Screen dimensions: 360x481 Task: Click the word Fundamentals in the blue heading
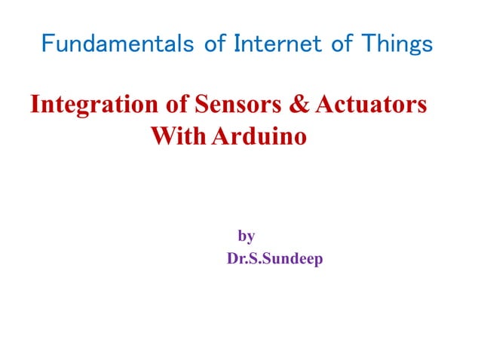click(113, 44)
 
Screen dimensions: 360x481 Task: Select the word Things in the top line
click(396, 44)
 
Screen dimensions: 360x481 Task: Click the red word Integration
click(94, 105)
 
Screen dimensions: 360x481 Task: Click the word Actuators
click(372, 105)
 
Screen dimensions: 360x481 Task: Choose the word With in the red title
click(178, 138)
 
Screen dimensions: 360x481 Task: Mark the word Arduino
click(260, 138)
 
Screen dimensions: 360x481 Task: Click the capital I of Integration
click(34, 105)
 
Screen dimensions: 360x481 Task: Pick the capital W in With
click(162, 138)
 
